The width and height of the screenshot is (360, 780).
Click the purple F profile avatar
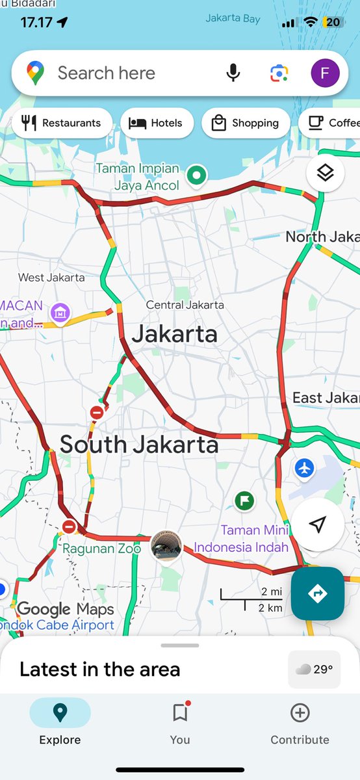326,73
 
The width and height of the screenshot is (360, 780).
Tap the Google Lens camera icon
279,73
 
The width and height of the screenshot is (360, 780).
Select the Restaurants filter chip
62,123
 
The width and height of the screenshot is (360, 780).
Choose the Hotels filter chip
157,123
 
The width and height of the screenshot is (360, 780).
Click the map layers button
325,172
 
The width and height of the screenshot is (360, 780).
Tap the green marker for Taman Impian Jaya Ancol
196,175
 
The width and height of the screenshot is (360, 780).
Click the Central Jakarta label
185,304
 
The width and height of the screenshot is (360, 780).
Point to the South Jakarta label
139,445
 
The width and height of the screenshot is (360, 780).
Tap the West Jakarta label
51,277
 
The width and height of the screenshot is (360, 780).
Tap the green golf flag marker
244,500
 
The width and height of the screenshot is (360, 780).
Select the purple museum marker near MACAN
60,313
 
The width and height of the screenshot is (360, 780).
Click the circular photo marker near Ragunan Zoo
166,548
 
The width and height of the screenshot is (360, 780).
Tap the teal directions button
317,593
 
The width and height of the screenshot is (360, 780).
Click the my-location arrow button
317,525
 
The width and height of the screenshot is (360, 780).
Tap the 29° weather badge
315,669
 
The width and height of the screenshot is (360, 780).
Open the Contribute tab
300,723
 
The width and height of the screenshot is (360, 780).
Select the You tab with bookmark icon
180,723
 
